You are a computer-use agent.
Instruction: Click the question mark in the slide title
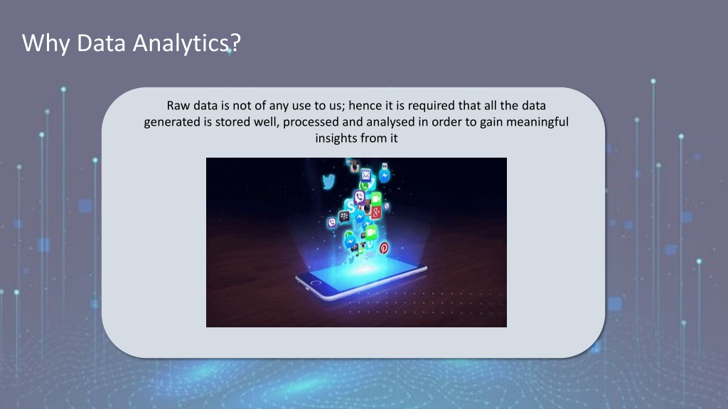[235, 42]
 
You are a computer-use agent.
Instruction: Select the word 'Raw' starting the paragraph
[178, 106]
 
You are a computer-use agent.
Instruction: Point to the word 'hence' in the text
[365, 106]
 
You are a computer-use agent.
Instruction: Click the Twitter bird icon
[328, 181]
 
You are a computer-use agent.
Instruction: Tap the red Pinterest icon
[384, 248]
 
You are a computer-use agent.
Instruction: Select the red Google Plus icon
[376, 212]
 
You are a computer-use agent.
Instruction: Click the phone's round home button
[316, 283]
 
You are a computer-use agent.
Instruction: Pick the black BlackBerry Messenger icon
[344, 216]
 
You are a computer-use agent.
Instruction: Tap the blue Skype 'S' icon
[350, 206]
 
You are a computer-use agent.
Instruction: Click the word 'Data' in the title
[101, 43]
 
